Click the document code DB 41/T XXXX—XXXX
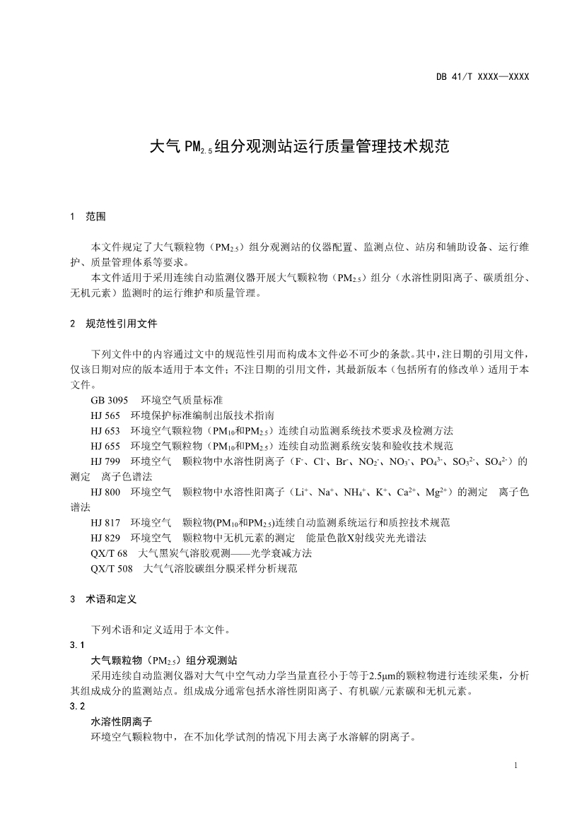click(482, 76)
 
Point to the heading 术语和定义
click(112, 598)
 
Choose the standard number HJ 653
click(106, 430)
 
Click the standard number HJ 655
click(106, 446)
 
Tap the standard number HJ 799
click(106, 461)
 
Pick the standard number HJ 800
click(106, 492)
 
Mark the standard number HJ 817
click(106, 522)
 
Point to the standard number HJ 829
click(106, 538)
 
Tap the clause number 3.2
click(78, 706)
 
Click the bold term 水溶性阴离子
click(122, 721)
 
